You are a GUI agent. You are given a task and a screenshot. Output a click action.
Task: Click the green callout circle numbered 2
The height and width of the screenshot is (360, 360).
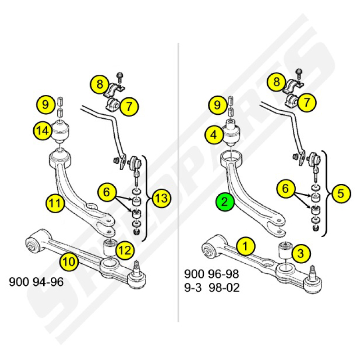225,202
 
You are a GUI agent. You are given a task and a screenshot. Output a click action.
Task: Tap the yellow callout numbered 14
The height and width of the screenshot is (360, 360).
43,131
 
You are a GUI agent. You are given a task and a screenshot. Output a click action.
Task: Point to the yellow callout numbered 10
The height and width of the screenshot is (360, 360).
69,261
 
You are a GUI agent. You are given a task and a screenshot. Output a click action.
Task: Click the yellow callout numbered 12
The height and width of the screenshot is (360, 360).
125,250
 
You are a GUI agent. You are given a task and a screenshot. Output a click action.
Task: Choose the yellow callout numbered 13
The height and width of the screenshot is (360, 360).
162,198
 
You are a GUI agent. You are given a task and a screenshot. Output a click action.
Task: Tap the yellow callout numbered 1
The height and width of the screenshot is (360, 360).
246,246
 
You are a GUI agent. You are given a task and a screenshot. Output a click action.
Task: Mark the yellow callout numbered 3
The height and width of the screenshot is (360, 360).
301,253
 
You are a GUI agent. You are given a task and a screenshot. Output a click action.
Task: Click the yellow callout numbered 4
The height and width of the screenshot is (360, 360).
214,135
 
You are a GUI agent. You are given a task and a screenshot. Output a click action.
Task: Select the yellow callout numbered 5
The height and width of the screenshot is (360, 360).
341,193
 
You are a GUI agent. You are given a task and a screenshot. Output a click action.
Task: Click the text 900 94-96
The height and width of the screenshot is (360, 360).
36,282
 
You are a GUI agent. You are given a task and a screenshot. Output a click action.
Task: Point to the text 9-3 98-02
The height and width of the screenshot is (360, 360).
212,288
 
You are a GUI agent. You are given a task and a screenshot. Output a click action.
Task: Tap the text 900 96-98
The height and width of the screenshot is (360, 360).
211,274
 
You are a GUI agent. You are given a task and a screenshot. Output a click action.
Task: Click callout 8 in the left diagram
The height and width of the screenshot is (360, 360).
99,84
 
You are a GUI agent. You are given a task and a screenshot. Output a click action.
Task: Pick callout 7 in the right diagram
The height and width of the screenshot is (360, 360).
307,102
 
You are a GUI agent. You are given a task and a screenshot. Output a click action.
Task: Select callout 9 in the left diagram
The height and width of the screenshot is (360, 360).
46,105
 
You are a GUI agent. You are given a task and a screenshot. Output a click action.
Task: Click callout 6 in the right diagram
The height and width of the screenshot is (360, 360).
286,189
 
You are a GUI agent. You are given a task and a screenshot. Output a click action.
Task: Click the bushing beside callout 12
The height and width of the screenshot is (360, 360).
110,247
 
